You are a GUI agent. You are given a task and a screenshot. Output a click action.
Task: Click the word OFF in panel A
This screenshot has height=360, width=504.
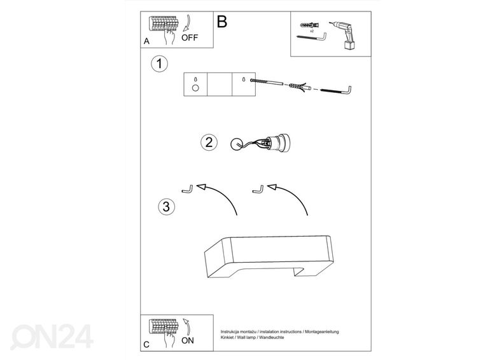(190, 38)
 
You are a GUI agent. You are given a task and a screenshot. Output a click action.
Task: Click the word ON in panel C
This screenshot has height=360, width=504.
(188, 340)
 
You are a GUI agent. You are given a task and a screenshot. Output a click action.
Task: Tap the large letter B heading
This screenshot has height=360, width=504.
(222, 22)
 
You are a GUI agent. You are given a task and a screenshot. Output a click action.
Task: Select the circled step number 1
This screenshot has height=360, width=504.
(160, 64)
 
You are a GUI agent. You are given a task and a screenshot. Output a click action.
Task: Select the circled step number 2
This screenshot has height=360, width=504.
(209, 142)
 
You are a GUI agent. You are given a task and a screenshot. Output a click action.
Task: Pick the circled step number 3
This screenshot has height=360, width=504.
(166, 207)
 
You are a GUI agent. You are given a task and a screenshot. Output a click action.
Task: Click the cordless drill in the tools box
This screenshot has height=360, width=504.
(342, 35)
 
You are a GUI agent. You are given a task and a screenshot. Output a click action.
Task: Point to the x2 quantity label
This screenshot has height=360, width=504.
(312, 31)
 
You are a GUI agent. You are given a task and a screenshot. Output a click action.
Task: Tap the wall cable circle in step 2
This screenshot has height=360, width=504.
(237, 144)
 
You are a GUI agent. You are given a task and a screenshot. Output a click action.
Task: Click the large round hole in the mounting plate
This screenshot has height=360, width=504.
(195, 88)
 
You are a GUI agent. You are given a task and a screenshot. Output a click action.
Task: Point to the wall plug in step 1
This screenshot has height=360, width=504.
(299, 87)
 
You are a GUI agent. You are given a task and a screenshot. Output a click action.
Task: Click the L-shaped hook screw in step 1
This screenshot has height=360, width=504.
(336, 90)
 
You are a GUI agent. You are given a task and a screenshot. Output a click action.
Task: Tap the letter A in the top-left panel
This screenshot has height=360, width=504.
(146, 41)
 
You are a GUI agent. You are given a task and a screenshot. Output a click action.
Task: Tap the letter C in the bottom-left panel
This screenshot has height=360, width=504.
(146, 345)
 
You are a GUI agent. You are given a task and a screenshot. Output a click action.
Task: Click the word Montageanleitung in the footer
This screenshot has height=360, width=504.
(322, 332)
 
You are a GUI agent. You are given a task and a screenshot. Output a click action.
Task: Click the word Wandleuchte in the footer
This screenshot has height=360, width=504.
(272, 338)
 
